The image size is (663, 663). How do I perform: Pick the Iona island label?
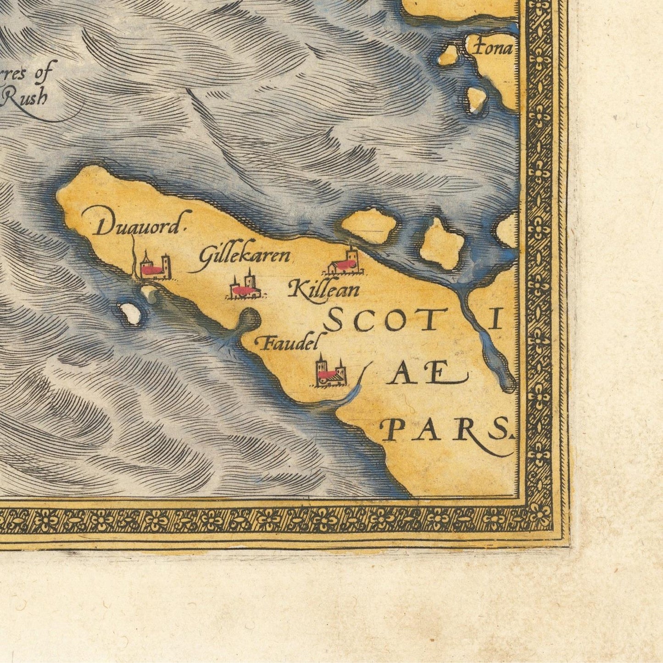[493, 48]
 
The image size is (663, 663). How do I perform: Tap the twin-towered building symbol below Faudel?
[329, 372]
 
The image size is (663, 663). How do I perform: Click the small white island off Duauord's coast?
[131, 314]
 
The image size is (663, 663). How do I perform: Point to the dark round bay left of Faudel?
[249, 318]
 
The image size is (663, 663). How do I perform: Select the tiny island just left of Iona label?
[449, 55]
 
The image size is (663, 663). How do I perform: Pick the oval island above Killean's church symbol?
[369, 226]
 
